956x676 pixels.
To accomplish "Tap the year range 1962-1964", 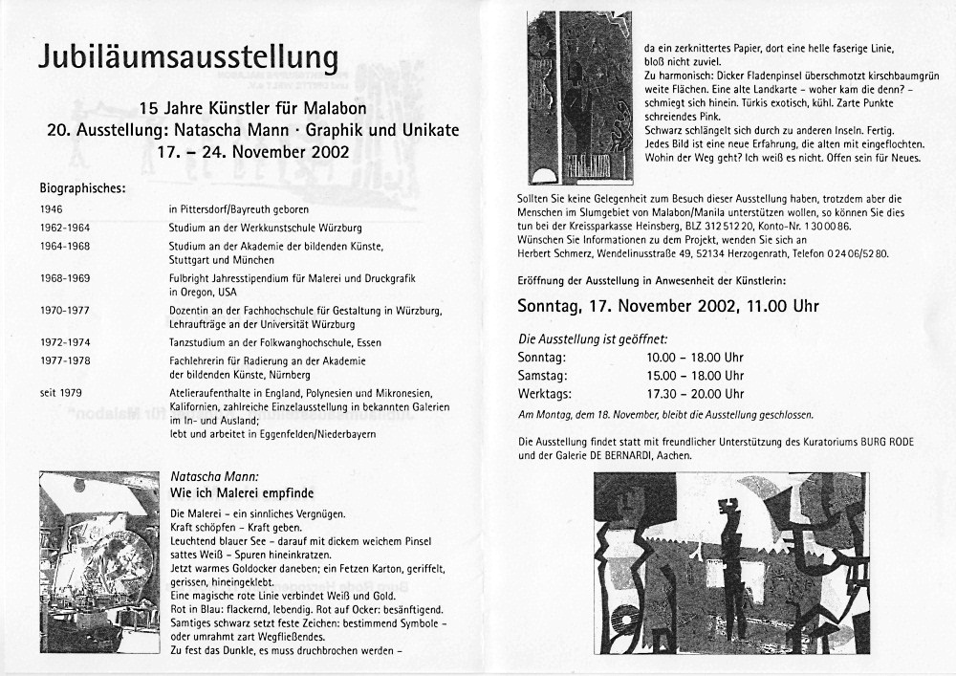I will click(67, 227).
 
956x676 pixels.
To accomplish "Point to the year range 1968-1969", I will click(67, 279).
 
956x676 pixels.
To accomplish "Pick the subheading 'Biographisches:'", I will click(82, 187).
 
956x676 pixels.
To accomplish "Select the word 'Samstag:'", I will click(541, 376).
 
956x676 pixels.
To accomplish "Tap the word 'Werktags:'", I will click(545, 393).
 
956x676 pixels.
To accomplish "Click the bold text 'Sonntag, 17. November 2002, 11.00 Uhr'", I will click(668, 307).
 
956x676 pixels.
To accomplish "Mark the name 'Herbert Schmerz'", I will click(556, 254).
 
